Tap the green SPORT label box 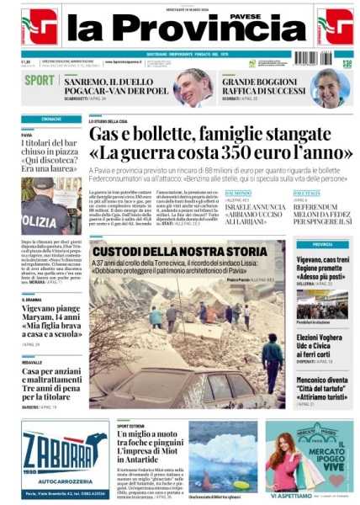coord(39,80)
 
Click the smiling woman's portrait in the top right coord(329,87)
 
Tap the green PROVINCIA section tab coord(323,244)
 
